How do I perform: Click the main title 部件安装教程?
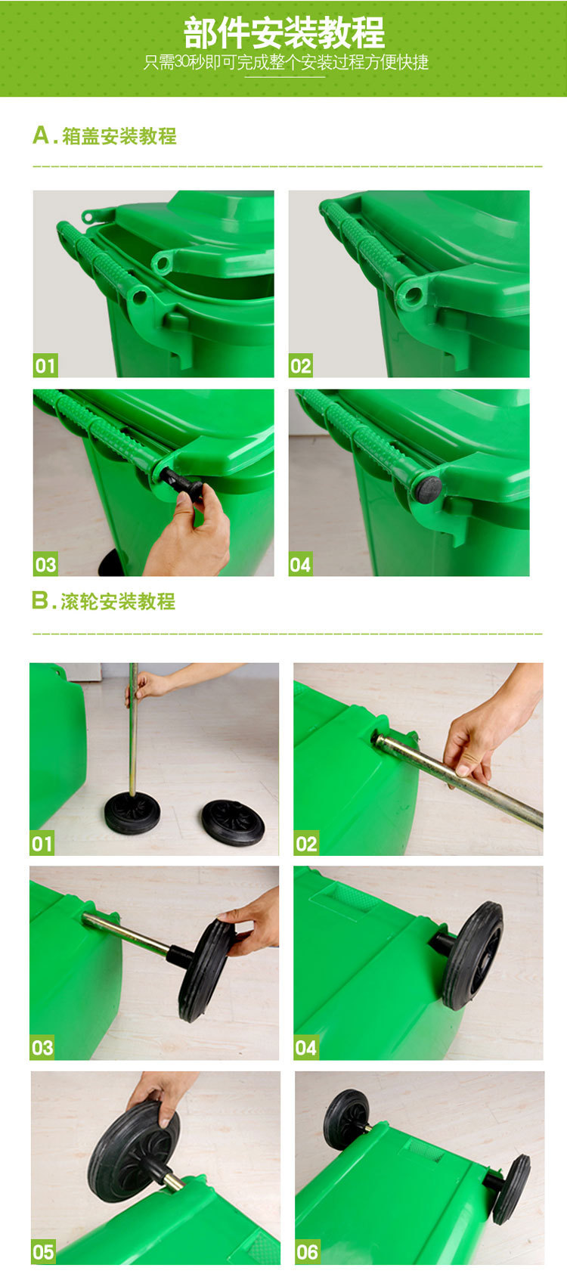(283, 33)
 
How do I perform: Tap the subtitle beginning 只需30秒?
(286, 62)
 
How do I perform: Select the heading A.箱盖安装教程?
(104, 136)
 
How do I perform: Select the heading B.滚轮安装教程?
(104, 601)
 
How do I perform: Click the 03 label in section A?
(45, 565)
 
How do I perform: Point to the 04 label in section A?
(300, 565)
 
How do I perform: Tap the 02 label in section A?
(301, 366)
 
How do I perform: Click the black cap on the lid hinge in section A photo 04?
(428, 489)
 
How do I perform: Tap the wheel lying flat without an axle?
(233, 823)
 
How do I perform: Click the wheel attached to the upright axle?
(132, 814)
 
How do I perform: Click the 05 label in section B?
(43, 1252)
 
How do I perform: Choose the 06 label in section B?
(307, 1252)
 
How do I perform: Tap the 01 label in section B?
(42, 844)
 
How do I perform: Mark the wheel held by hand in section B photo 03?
(205, 970)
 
